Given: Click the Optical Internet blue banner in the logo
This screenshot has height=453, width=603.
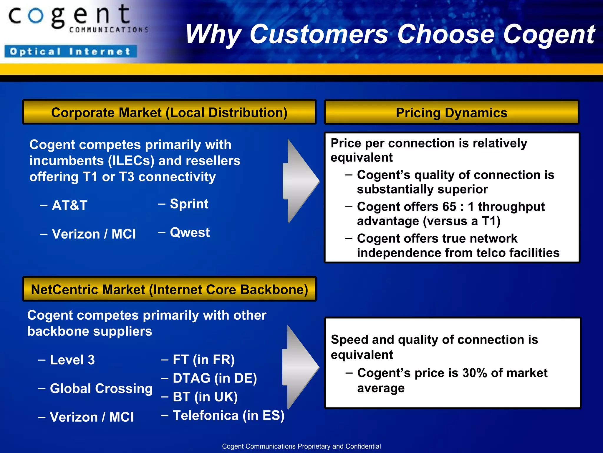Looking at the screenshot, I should [x=71, y=51].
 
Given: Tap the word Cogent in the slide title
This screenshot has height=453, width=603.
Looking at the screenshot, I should [x=549, y=35].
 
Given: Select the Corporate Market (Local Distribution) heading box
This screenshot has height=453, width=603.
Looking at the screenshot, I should [x=169, y=112].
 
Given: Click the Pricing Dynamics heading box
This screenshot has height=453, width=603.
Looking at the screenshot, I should [x=451, y=113].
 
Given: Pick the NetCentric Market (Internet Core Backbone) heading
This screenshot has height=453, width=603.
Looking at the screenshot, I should [x=169, y=289].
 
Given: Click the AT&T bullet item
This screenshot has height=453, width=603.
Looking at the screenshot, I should [x=69, y=205].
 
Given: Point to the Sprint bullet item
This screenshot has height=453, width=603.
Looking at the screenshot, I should [x=189, y=204].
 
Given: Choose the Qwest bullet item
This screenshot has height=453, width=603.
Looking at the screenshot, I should [x=190, y=232].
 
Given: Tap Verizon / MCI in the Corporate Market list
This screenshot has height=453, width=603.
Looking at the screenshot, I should [x=94, y=234].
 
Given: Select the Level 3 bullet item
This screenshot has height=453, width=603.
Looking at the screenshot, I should [x=72, y=360].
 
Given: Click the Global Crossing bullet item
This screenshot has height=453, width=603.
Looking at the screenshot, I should [x=101, y=388].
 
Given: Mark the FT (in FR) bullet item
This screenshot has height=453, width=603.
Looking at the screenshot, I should [x=203, y=360].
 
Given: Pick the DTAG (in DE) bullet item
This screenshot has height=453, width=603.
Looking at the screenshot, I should [x=215, y=378].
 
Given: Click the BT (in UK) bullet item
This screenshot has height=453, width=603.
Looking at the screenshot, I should [x=205, y=397].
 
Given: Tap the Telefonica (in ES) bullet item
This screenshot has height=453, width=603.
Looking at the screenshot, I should [x=228, y=416].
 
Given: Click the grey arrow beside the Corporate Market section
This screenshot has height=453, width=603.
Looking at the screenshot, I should [x=300, y=180].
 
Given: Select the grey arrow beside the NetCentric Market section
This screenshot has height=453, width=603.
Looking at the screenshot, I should [x=300, y=367].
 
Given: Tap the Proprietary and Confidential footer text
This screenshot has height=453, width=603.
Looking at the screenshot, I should [x=301, y=446].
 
